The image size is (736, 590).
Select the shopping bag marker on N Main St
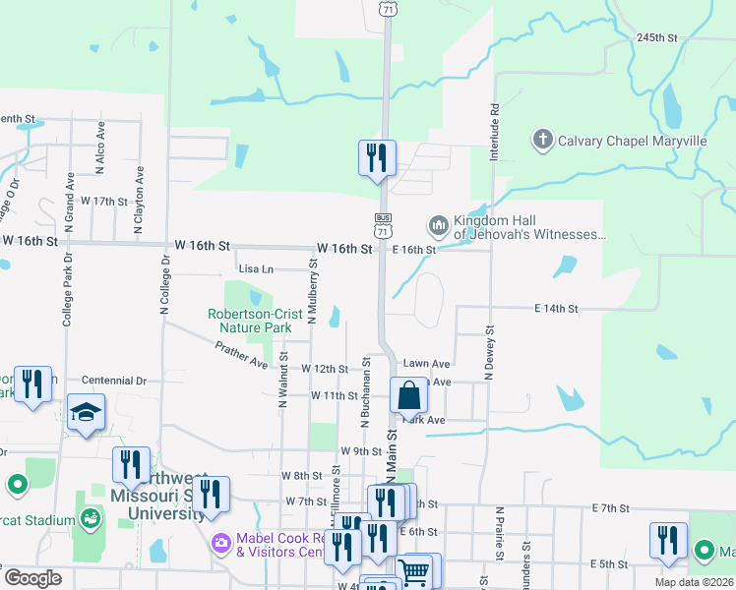[x=410, y=395]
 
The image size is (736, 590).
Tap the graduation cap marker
[x=87, y=412]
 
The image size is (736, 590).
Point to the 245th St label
[x=657, y=37]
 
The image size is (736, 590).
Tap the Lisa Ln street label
[x=255, y=268]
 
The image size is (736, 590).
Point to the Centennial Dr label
[x=113, y=380]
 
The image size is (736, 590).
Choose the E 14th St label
[x=556, y=309]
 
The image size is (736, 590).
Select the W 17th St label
[x=104, y=201]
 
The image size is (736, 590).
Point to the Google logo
[x=33, y=579]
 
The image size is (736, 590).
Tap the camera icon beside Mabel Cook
[x=219, y=542]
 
